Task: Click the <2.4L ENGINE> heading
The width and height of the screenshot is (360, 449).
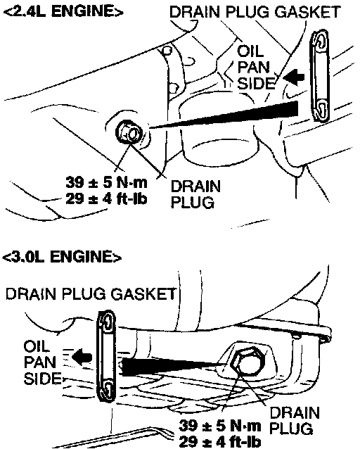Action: pyautogui.click(x=63, y=11)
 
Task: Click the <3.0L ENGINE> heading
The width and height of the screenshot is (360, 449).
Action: pyautogui.click(x=62, y=256)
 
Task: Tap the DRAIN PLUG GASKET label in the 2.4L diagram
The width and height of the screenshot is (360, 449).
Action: pyautogui.click(x=255, y=12)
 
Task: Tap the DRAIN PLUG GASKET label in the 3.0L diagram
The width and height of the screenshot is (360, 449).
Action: pyautogui.click(x=91, y=294)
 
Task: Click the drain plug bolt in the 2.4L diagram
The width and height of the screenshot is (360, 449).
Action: pyautogui.click(x=129, y=133)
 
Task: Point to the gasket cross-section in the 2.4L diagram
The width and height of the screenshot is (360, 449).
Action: pyautogui.click(x=320, y=76)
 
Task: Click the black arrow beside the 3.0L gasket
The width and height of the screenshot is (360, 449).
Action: pyautogui.click(x=82, y=357)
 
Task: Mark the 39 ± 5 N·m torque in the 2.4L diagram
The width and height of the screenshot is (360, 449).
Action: pyautogui.click(x=106, y=183)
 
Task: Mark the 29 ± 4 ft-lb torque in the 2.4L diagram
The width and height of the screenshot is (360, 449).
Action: pyautogui.click(x=106, y=198)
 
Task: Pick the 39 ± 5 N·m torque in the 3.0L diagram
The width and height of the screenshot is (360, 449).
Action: pyautogui.click(x=220, y=426)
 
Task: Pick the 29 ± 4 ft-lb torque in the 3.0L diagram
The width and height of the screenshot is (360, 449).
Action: pyautogui.click(x=220, y=442)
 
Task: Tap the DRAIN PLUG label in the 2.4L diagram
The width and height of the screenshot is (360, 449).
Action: pyautogui.click(x=195, y=194)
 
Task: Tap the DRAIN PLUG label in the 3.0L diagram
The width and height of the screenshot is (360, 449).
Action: pyautogui.click(x=294, y=421)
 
